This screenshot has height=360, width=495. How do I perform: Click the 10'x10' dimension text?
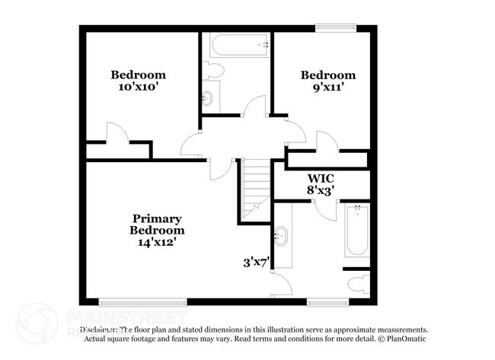coord(138,87)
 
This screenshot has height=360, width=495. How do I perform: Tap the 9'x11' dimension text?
coord(327,87)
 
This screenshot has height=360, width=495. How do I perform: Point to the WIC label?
coord(321,180)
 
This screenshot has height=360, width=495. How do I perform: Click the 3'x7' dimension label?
coord(257,263)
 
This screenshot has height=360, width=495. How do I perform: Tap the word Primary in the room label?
coord(157,218)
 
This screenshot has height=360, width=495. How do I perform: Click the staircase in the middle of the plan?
coord(255,190)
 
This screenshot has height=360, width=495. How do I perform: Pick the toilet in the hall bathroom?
coord(214,71)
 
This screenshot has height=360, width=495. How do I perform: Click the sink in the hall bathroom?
coord(208,97)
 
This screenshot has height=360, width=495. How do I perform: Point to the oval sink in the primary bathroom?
coord(282,236)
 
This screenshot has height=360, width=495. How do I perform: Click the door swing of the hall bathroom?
coord(256,107)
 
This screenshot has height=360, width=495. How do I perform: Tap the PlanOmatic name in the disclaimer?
coord(407,339)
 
